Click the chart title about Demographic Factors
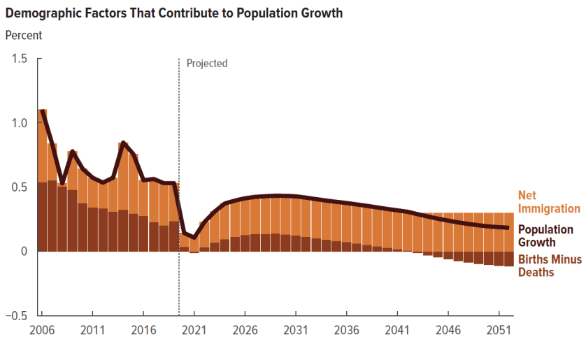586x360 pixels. point(174,13)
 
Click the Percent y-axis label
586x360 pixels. point(24,35)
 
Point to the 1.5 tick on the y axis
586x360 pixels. point(20,59)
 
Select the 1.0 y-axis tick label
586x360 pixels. point(20,123)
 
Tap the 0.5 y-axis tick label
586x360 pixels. point(20,187)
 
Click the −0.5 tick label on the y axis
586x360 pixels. point(17,316)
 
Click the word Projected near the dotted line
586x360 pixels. point(207,64)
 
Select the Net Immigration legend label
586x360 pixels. point(549,202)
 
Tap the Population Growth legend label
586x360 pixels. point(545,236)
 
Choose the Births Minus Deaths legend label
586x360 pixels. point(549,266)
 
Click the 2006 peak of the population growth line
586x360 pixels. point(43,110)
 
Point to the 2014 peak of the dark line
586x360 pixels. point(123,143)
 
